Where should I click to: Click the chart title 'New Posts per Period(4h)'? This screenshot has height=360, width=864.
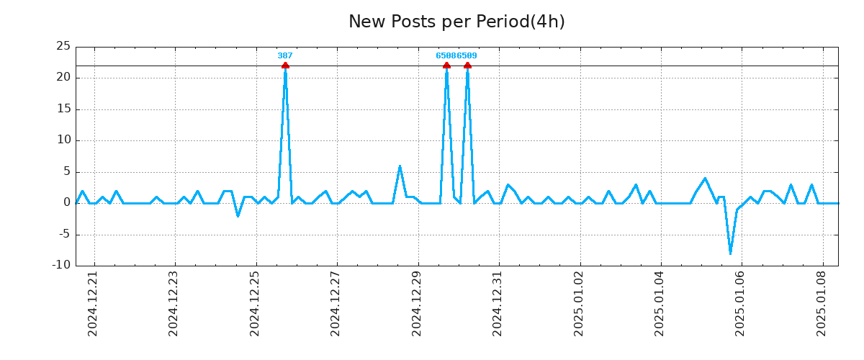[456, 22]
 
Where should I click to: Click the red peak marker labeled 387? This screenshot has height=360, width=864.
[285, 66]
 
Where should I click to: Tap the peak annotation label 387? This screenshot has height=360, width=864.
[285, 55]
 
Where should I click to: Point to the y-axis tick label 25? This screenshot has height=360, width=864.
[63, 47]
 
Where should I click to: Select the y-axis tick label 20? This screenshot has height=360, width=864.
[63, 78]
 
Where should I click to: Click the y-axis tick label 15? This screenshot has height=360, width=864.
[63, 109]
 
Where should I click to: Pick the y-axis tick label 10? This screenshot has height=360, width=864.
[63, 141]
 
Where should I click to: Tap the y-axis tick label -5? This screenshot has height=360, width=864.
[63, 234]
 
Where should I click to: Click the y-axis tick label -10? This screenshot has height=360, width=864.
[62, 265]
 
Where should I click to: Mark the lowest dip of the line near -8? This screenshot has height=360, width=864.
[730, 253]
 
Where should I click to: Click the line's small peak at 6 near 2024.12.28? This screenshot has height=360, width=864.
[400, 166]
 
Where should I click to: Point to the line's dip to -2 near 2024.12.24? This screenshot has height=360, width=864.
[238, 215]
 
